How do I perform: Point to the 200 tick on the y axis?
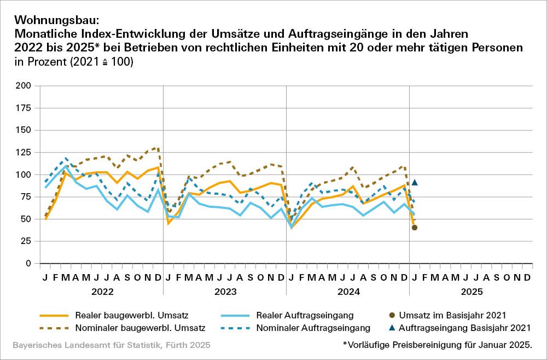(x=23, y=86)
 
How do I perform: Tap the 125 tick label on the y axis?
(x=23, y=130)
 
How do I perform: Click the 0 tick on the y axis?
(x=28, y=263)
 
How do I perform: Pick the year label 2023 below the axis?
(x=225, y=292)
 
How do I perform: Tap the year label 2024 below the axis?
(x=348, y=292)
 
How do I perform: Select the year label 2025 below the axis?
(x=471, y=292)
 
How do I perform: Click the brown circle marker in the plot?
(x=415, y=228)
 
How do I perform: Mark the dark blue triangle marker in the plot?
(x=415, y=183)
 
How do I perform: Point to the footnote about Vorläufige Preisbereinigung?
(x=438, y=345)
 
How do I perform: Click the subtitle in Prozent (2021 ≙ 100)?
(x=74, y=62)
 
